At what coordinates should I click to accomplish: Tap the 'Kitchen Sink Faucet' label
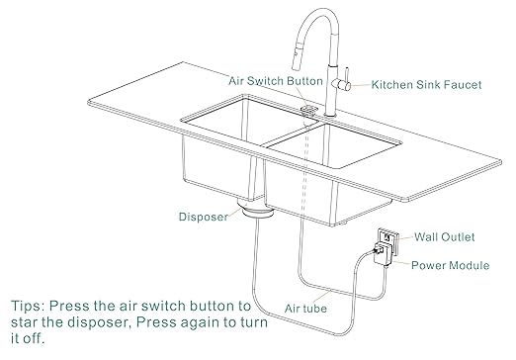426,85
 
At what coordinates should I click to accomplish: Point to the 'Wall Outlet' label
443,237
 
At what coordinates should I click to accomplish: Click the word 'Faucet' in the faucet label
460,85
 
